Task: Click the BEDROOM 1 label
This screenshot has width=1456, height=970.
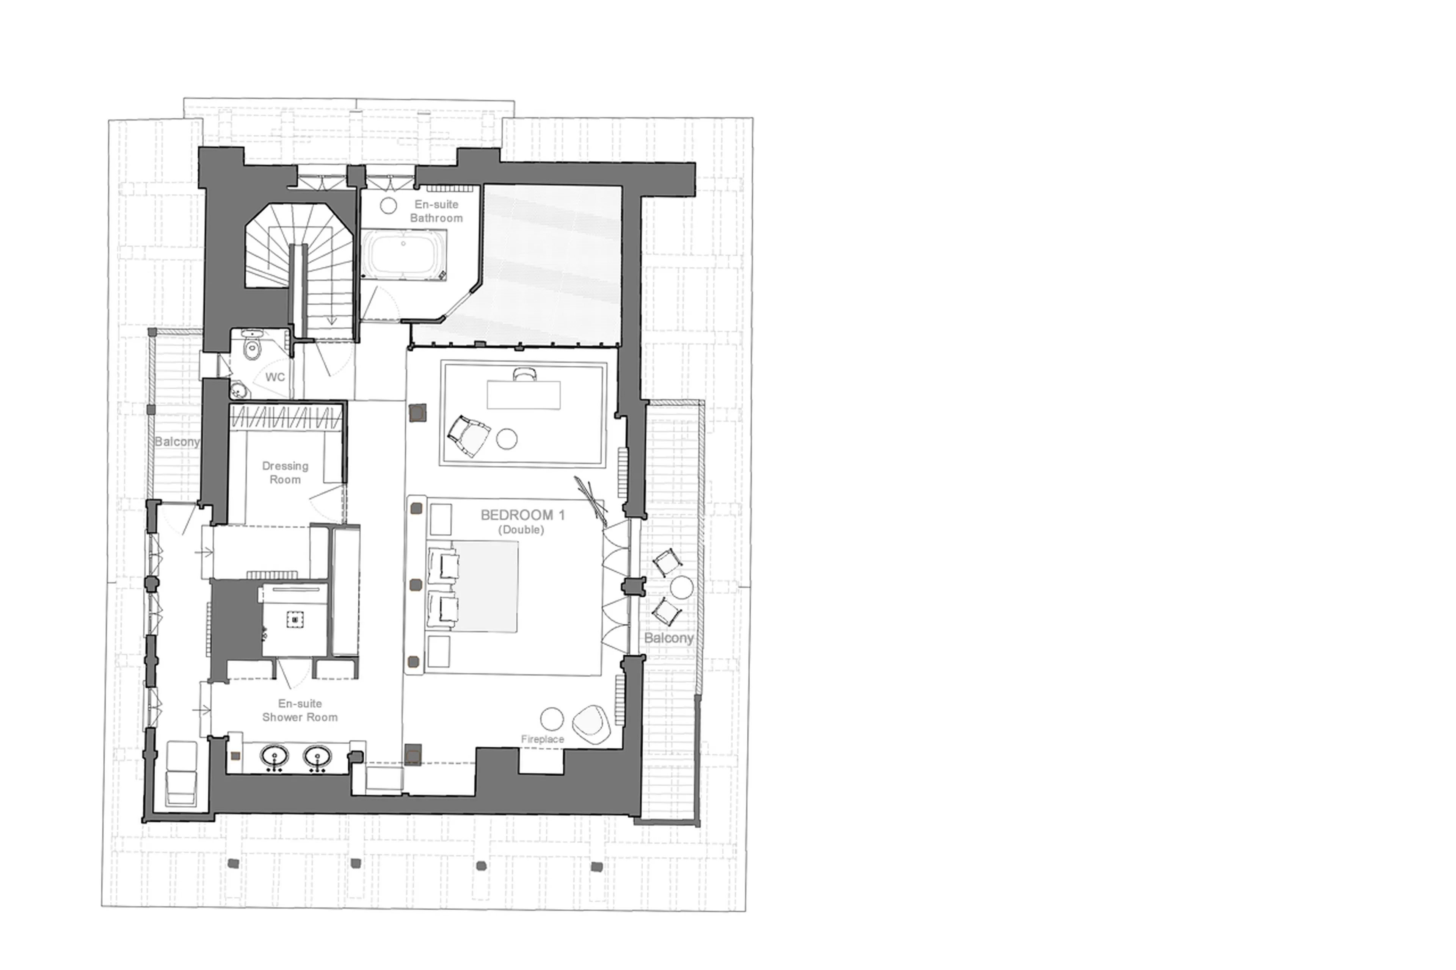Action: (522, 515)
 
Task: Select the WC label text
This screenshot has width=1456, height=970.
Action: (275, 377)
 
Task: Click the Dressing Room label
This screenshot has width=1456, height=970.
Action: (285, 472)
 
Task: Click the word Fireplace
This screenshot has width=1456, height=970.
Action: (542, 739)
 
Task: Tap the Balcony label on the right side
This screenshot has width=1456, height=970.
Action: (668, 638)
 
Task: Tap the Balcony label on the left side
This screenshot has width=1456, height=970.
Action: (177, 441)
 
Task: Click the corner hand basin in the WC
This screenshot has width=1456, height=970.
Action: (238, 391)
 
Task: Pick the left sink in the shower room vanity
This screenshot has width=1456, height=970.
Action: (274, 757)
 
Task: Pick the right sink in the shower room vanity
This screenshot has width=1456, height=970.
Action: (317, 757)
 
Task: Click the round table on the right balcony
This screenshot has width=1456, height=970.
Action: (682, 587)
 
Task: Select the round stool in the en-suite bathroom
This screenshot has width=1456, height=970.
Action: (388, 206)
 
